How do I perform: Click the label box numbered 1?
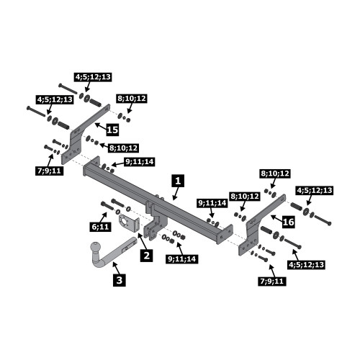pyautogui.click(x=178, y=181)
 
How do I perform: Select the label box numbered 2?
pyautogui.click(x=147, y=255)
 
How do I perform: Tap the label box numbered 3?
pyautogui.click(x=120, y=280)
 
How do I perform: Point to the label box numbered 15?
pyautogui.click(x=112, y=130)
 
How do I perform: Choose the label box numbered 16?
pyautogui.click(x=288, y=222)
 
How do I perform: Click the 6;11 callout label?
pyautogui.click(x=101, y=226)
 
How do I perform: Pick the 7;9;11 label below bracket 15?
pyautogui.click(x=50, y=171)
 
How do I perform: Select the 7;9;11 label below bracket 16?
pyautogui.click(x=272, y=281)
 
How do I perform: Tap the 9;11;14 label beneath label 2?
pyautogui.click(x=182, y=259)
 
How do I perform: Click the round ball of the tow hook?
pyautogui.click(x=96, y=248)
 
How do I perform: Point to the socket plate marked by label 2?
pyautogui.click(x=128, y=223)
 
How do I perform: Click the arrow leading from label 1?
pyautogui.click(x=176, y=194)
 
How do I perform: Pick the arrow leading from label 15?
pyautogui.click(x=100, y=127)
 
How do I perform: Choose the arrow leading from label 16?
pyautogui.click(x=276, y=218)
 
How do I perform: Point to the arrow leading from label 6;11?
pyautogui.click(x=104, y=217)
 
